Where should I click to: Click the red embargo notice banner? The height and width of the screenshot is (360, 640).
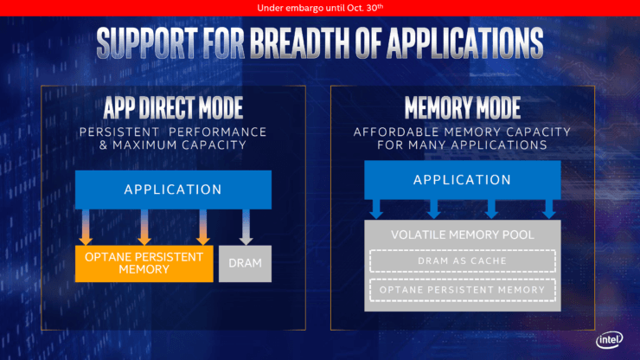[320, 8]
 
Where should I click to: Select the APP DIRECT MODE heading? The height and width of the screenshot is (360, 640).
[173, 108]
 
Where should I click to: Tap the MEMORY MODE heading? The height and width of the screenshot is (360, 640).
[463, 108]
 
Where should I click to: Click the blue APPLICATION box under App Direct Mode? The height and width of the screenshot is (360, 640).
[173, 190]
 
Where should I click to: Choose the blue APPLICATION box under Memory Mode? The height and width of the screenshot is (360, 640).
[463, 180]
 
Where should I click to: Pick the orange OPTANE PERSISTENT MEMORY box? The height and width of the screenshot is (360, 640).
[144, 262]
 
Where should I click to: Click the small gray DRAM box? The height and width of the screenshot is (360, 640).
[245, 262]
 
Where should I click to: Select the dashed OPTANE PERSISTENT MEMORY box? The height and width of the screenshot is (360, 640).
[462, 290]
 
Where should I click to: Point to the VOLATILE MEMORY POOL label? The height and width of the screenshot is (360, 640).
[462, 235]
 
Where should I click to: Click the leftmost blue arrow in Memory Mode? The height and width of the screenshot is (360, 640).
[377, 209]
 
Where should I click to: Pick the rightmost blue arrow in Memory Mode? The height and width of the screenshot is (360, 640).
[548, 209]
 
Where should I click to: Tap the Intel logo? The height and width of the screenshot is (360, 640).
[609, 340]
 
